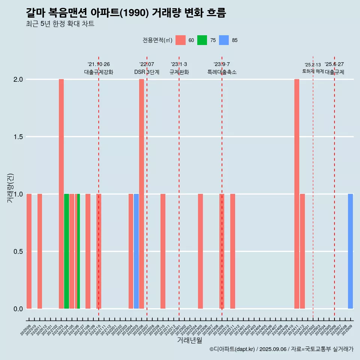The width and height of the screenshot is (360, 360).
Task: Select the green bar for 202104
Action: [66, 251]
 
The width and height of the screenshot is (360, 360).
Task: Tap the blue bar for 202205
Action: [136, 251]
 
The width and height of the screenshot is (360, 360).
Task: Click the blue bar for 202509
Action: [350, 251]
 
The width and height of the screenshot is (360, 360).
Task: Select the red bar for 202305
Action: [200, 251]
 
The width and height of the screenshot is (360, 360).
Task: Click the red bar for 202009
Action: [29, 251]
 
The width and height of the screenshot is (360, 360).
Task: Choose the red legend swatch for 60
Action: [180, 40]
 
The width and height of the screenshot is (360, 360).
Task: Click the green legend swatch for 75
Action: [202, 40]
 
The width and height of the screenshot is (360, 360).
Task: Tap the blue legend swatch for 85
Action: [224, 40]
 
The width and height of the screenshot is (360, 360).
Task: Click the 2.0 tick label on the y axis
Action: [18, 79]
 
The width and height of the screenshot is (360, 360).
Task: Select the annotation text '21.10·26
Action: [99, 64]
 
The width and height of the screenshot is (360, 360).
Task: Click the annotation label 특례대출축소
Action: [222, 72]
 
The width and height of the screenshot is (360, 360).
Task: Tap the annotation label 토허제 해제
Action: [313, 71]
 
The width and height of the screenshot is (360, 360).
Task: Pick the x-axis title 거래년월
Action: [189, 340]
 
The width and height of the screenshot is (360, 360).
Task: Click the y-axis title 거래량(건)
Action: [10, 188]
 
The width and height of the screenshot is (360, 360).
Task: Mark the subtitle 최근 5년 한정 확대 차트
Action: [60, 24]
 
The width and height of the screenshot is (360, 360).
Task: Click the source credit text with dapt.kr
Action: [281, 349]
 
